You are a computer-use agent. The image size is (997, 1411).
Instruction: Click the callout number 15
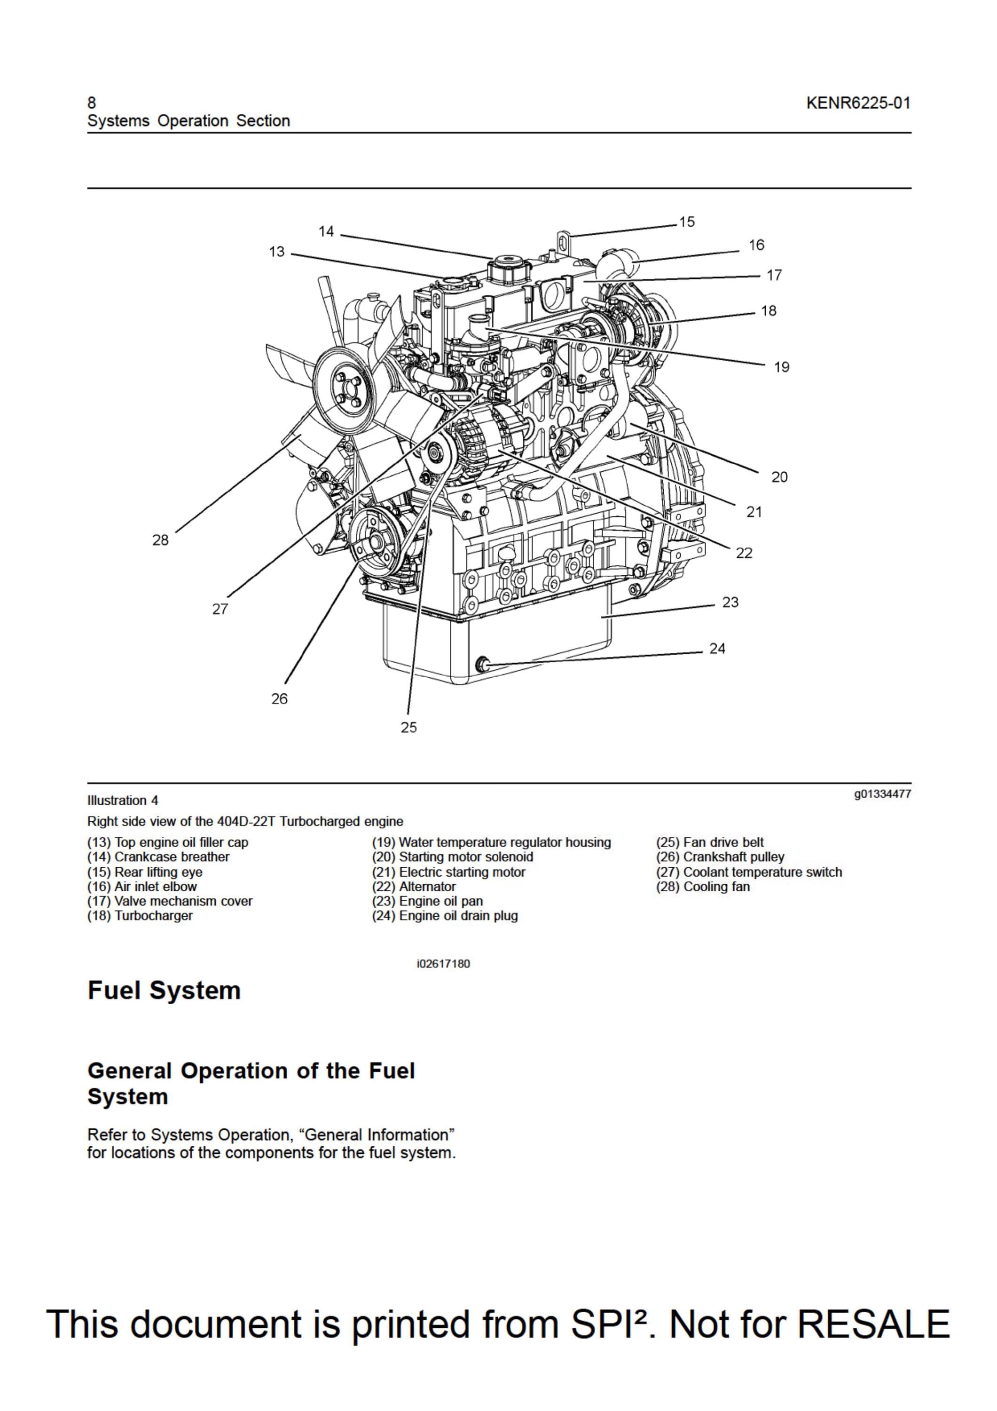(687, 222)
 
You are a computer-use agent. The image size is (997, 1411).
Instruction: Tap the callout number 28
(160, 540)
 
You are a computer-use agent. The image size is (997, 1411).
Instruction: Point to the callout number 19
(781, 367)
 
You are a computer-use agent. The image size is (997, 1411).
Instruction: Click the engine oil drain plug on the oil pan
(483, 664)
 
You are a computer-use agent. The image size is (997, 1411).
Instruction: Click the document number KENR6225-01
(858, 103)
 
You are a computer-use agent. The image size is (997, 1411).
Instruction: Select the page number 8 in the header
(92, 103)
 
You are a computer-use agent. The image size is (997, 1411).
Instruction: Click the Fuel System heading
(164, 991)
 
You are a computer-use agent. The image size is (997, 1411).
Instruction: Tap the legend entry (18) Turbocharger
(140, 916)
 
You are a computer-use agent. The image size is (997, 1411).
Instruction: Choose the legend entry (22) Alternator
(414, 887)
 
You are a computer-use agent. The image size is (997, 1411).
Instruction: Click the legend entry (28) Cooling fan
(703, 887)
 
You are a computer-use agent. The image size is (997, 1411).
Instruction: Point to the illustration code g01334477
(882, 794)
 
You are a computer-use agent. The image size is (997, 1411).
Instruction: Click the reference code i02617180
(443, 964)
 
